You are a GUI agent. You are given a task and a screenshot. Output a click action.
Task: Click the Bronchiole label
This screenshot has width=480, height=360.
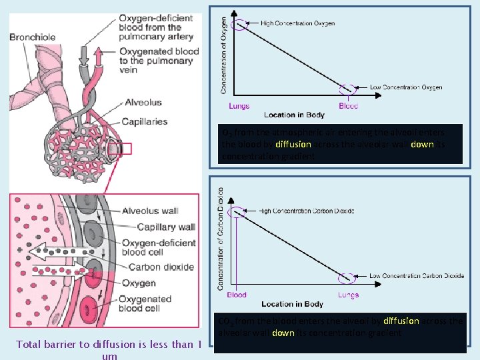click(x=33, y=37)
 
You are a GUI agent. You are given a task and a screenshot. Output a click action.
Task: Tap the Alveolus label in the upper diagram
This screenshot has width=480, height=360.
click(x=143, y=103)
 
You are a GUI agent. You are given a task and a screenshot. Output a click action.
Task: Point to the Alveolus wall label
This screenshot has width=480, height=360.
click(x=150, y=211)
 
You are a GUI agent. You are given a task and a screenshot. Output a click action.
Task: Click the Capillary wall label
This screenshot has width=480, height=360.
click(x=166, y=227)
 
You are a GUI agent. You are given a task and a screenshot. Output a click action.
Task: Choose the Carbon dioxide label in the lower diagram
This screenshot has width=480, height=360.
click(x=161, y=267)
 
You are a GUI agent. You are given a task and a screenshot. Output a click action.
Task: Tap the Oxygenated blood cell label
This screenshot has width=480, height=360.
click(x=147, y=303)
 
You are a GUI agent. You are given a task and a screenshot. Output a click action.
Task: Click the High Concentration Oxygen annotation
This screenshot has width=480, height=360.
click(x=297, y=23)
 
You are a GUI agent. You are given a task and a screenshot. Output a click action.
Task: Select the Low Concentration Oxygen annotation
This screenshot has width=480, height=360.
click(x=405, y=87)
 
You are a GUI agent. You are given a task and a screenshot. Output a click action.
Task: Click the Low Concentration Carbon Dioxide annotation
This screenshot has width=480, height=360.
click(x=416, y=275)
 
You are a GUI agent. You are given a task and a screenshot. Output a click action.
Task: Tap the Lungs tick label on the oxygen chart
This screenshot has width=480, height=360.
click(x=239, y=106)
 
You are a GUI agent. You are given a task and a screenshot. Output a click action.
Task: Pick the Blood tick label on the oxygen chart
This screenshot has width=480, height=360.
click(x=348, y=106)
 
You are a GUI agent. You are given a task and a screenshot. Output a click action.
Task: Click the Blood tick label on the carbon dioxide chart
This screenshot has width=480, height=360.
click(x=237, y=295)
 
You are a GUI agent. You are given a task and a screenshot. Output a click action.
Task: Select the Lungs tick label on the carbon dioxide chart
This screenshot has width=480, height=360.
click(x=348, y=295)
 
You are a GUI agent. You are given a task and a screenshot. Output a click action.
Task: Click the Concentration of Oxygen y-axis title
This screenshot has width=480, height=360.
click(x=223, y=55)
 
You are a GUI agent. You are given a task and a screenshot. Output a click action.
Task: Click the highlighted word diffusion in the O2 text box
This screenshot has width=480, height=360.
click(x=293, y=144)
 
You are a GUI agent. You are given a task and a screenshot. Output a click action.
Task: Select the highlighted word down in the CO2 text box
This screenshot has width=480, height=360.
click(x=283, y=333)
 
